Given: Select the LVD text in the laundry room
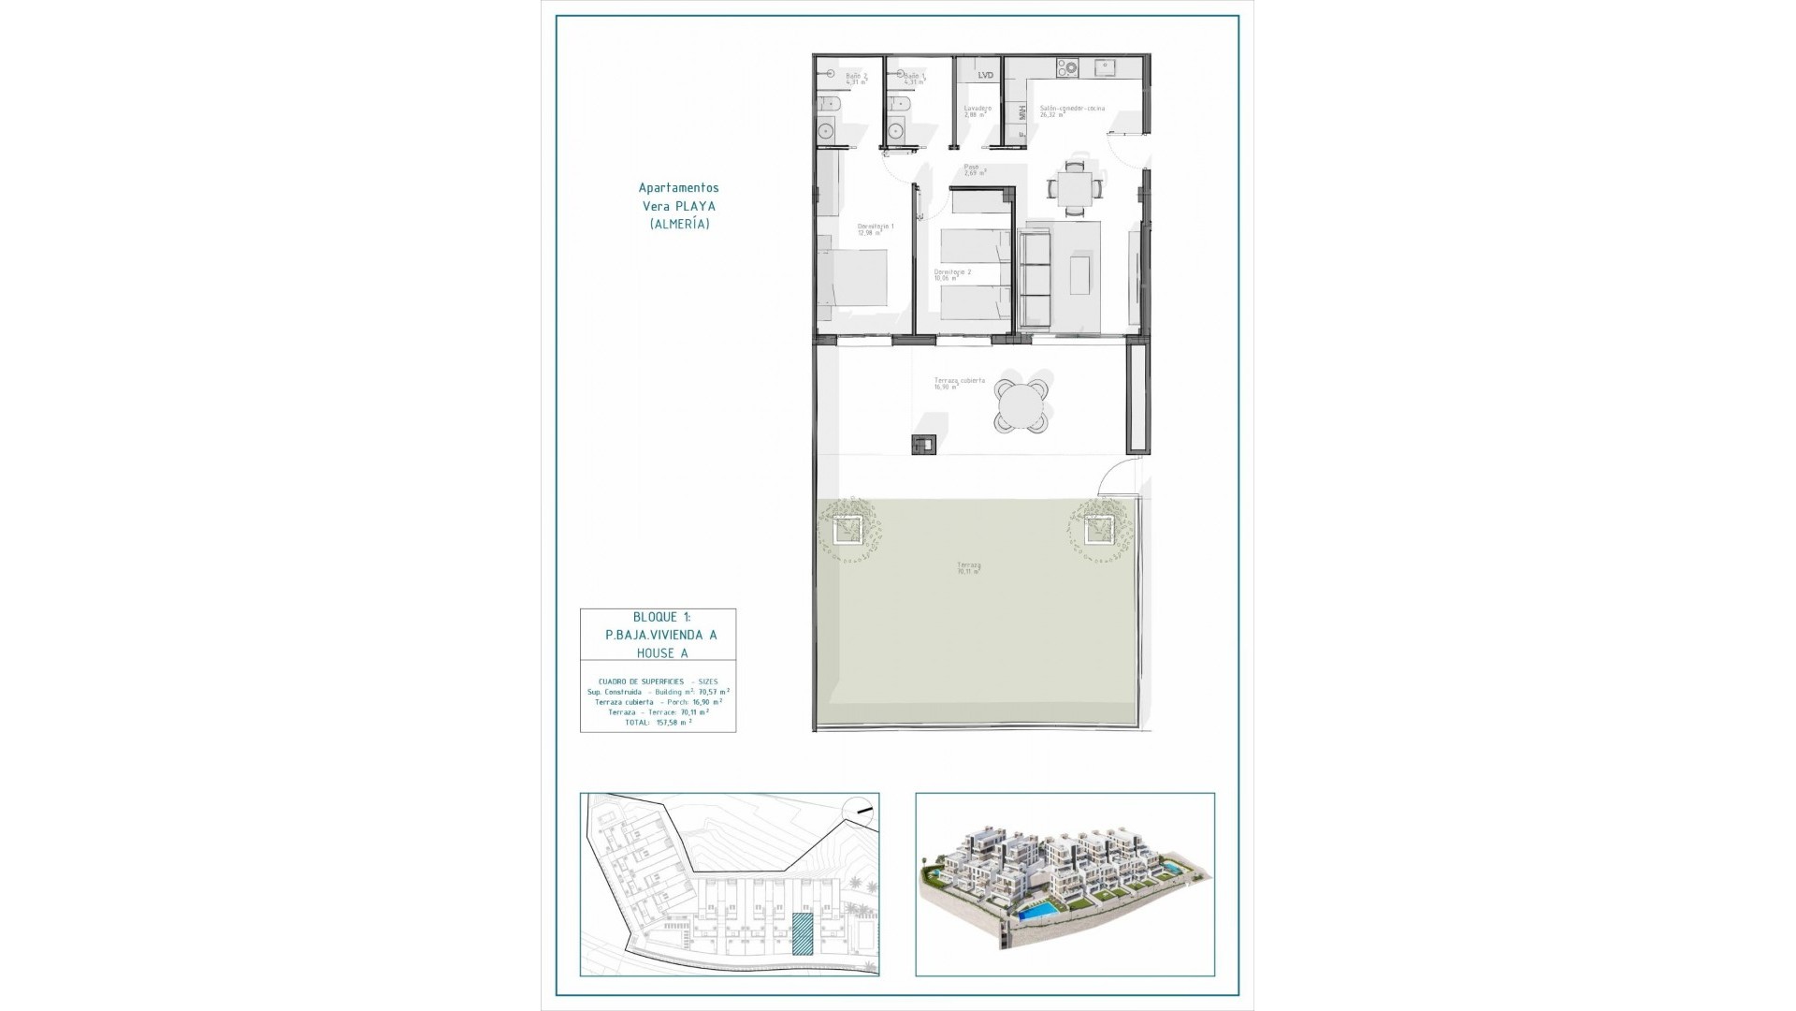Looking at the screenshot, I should (985, 75).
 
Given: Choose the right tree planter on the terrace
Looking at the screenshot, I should (1098, 529).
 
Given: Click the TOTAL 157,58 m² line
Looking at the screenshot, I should (659, 723).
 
